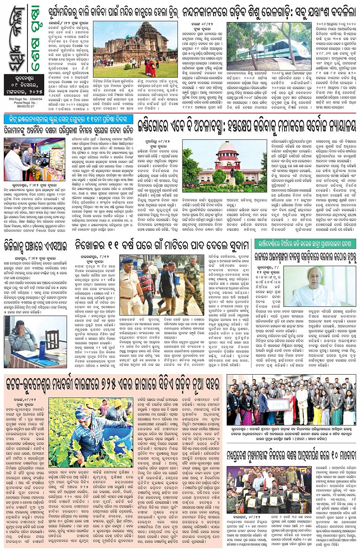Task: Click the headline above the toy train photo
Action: pos(269,12)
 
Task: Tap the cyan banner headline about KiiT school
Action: pos(69,119)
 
